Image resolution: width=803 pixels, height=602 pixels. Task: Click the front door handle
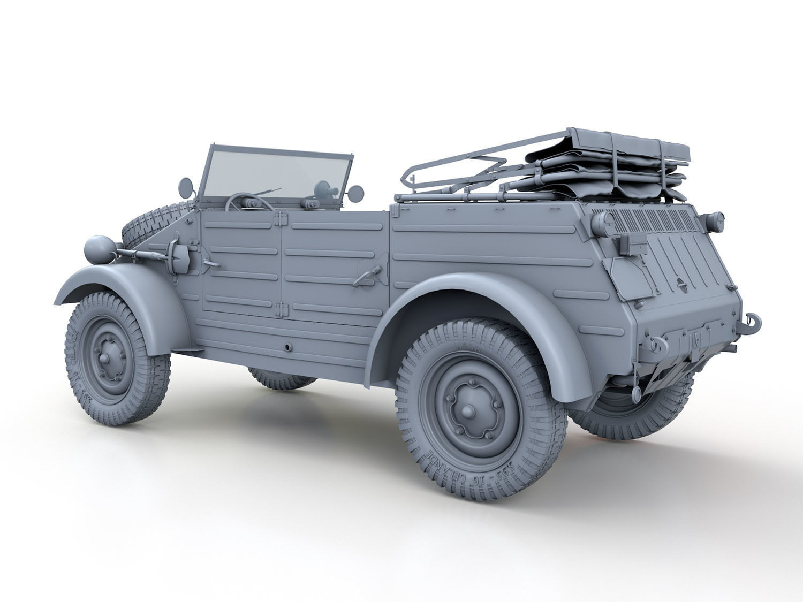point(212,262)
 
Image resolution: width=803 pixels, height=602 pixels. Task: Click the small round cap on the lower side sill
point(289,348)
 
